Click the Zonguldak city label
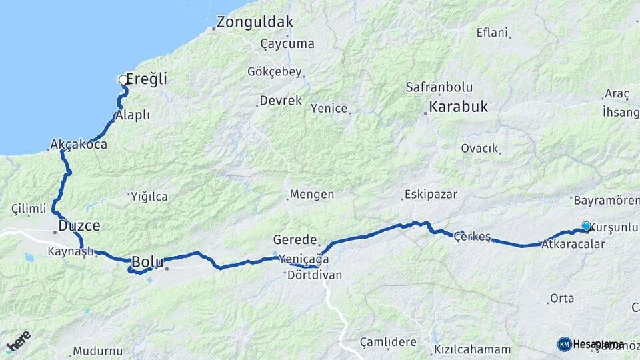click(x=253, y=22)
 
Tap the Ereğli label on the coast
click(x=147, y=79)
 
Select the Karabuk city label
click(x=458, y=107)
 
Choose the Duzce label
click(x=79, y=226)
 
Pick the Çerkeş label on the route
click(x=472, y=237)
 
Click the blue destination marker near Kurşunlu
click(x=586, y=226)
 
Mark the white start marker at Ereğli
click(x=122, y=80)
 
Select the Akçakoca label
click(x=79, y=144)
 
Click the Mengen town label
click(x=311, y=195)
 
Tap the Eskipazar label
click(x=430, y=195)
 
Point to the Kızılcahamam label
click(x=472, y=349)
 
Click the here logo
click(x=19, y=341)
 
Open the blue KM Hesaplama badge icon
click(x=564, y=344)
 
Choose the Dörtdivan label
click(x=314, y=275)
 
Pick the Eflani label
click(x=492, y=32)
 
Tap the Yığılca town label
click(x=149, y=197)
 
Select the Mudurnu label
click(x=98, y=351)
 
